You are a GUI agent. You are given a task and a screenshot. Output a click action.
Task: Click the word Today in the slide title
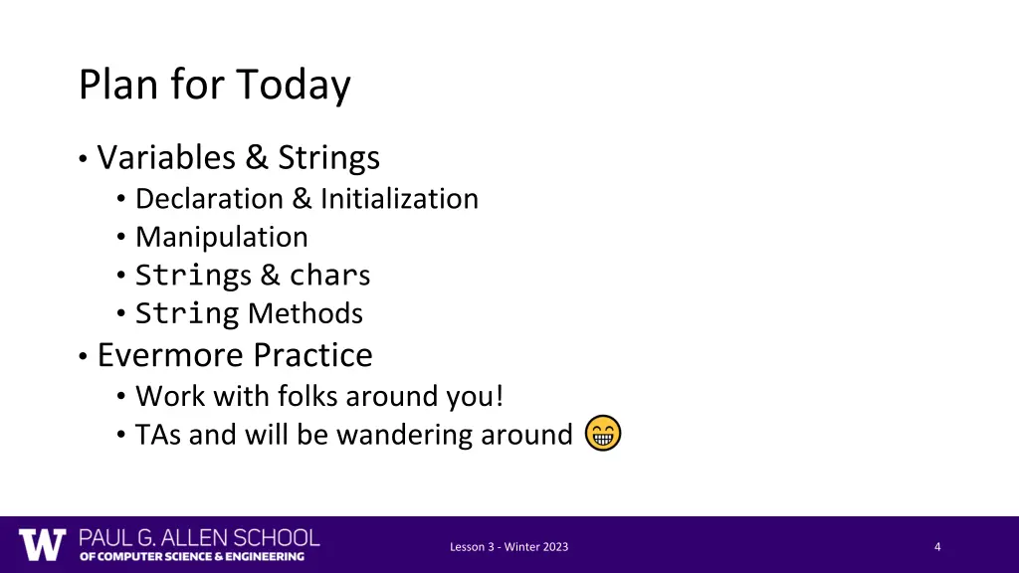pyautogui.click(x=294, y=86)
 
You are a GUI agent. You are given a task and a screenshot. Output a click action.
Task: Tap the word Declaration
pyautogui.click(x=209, y=199)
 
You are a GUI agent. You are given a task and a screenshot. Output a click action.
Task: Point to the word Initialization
pyautogui.click(x=399, y=199)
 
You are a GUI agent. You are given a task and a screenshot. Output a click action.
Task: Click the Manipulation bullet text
pyautogui.click(x=222, y=238)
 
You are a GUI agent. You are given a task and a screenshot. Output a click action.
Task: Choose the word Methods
pyautogui.click(x=306, y=314)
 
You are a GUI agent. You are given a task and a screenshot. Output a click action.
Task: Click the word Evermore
pyautogui.click(x=170, y=355)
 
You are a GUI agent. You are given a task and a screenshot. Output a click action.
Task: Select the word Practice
pyautogui.click(x=312, y=355)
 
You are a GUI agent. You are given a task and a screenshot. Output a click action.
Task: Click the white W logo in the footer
pyautogui.click(x=43, y=545)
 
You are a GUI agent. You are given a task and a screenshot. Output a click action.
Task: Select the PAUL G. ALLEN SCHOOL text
pyautogui.click(x=200, y=538)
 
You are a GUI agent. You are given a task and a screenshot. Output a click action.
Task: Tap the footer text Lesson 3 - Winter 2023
pyautogui.click(x=509, y=547)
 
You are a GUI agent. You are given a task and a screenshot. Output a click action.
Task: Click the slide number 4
pyautogui.click(x=937, y=547)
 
